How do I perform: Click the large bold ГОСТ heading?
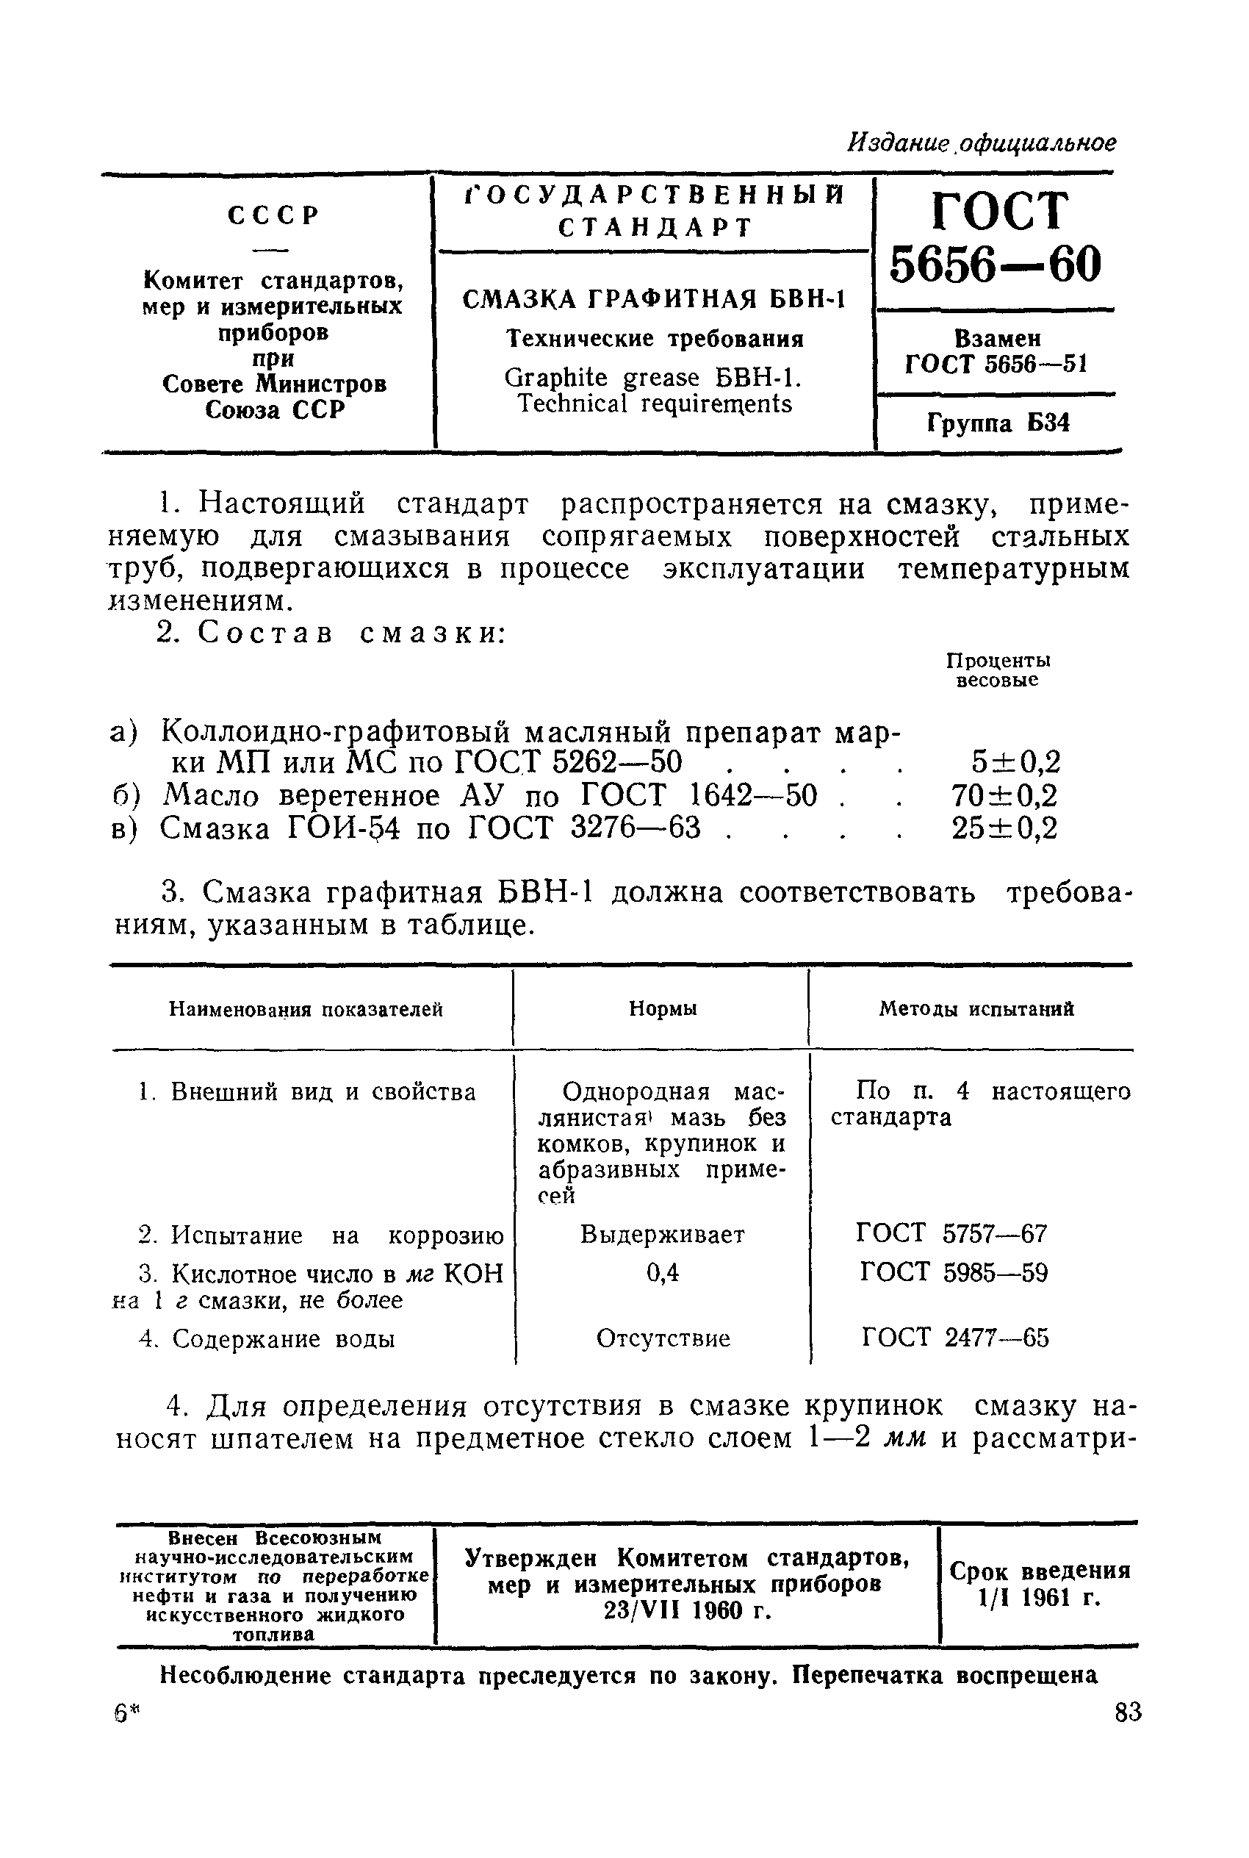pos(997,212)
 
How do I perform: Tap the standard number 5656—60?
pos(996,264)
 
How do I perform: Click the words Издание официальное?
pos(982,143)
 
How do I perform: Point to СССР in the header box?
pos(273,215)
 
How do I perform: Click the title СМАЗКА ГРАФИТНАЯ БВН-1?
pos(653,300)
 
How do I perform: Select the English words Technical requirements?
pos(655,404)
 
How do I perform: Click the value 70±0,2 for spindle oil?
pos(1004,796)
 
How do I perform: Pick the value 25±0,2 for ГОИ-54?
pos(1004,828)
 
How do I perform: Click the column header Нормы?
pos(663,1008)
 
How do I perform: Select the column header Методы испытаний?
pos(976,1008)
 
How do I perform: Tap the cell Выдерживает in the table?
pos(663,1235)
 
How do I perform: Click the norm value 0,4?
pos(663,1273)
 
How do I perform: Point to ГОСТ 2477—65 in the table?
pos(955,1338)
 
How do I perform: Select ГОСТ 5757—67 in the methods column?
pos(952,1234)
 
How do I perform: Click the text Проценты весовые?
pos(997,670)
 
